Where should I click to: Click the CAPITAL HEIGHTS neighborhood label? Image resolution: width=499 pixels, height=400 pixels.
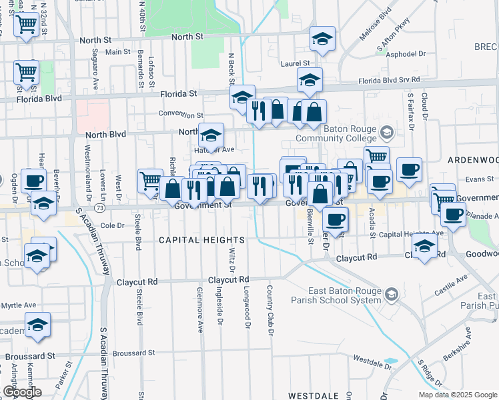pos(201,239)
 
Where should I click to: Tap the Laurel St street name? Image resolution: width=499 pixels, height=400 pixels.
pos(296,63)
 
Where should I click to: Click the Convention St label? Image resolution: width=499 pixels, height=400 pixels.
pos(181,115)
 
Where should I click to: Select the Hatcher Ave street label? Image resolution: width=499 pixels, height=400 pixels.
pos(214,150)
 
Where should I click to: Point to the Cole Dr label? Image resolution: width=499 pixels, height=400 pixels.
pos(112,225)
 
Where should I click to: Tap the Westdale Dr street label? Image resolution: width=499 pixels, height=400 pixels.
pos(372,365)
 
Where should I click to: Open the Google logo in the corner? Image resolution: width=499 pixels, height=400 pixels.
pos(22,391)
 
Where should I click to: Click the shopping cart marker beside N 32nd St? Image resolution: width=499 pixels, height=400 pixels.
pos(25,25)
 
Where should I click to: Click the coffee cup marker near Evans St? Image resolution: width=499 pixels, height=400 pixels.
pos(409,168)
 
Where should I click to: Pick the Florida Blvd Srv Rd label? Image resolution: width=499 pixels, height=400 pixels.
pos(389,80)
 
